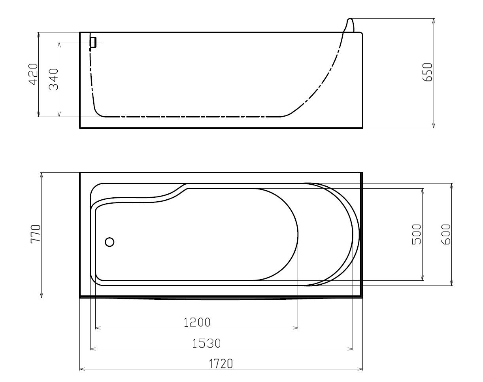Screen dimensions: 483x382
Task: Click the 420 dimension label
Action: (34, 74)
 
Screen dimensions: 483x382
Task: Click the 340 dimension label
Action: (54, 79)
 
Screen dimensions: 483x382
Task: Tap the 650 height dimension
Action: (427, 72)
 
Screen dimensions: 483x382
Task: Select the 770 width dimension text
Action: (36, 234)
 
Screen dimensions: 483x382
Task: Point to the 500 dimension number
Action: (417, 234)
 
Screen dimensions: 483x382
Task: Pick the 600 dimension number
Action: (445, 234)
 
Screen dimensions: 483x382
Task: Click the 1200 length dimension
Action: (197, 323)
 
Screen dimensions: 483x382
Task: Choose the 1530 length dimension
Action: (206, 343)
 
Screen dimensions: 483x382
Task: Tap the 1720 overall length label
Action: (221, 364)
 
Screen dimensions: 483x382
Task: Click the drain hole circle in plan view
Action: (109, 242)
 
